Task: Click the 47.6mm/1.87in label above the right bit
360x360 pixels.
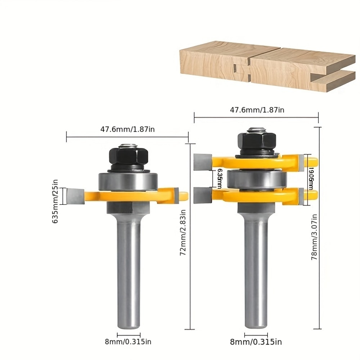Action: click(x=257, y=110)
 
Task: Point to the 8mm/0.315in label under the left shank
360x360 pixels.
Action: click(x=128, y=341)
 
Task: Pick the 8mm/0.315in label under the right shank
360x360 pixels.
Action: click(x=256, y=341)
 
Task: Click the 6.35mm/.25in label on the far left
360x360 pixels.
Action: click(x=56, y=202)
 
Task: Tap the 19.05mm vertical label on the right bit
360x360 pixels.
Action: click(x=310, y=180)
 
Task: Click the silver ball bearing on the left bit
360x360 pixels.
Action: click(x=128, y=181)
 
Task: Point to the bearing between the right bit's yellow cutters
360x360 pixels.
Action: click(x=257, y=179)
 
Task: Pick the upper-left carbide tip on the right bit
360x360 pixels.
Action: click(x=203, y=162)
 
